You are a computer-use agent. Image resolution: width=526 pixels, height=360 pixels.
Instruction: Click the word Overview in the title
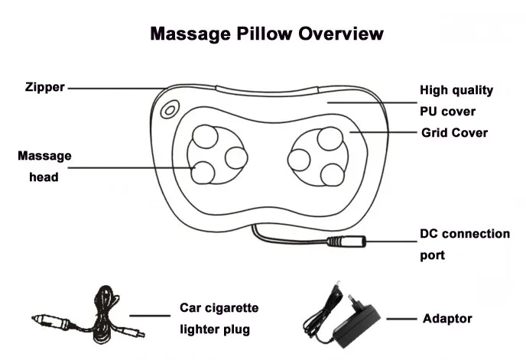click(340, 34)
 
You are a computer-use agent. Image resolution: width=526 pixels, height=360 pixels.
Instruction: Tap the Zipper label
click(44, 87)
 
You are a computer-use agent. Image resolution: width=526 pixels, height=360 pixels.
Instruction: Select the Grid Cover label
click(455, 132)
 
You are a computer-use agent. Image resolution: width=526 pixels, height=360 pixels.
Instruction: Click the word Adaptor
click(447, 319)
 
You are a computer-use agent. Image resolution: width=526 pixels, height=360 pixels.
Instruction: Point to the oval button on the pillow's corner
click(170, 110)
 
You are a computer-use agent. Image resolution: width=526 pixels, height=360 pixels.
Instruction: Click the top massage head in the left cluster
click(206, 136)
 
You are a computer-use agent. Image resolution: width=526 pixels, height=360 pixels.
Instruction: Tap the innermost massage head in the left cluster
click(236, 158)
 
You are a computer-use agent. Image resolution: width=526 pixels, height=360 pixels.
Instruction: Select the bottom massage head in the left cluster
click(203, 173)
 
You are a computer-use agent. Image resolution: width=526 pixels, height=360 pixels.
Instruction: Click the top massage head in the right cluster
click(330, 138)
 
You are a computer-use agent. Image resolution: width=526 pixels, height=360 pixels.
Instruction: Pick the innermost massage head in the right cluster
click(299, 160)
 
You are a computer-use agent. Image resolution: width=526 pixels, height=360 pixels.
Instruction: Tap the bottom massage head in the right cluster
click(333, 175)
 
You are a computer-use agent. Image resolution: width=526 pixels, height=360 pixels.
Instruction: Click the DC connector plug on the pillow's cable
click(346, 242)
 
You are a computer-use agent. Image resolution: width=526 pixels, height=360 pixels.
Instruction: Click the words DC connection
click(465, 234)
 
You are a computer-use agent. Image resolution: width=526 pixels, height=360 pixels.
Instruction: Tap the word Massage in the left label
click(44, 156)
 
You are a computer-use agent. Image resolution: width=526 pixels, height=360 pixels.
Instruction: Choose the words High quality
click(456, 90)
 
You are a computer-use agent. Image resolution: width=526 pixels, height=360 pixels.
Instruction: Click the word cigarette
click(232, 308)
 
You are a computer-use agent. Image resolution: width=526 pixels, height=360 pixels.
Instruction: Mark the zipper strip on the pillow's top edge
click(267, 91)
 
